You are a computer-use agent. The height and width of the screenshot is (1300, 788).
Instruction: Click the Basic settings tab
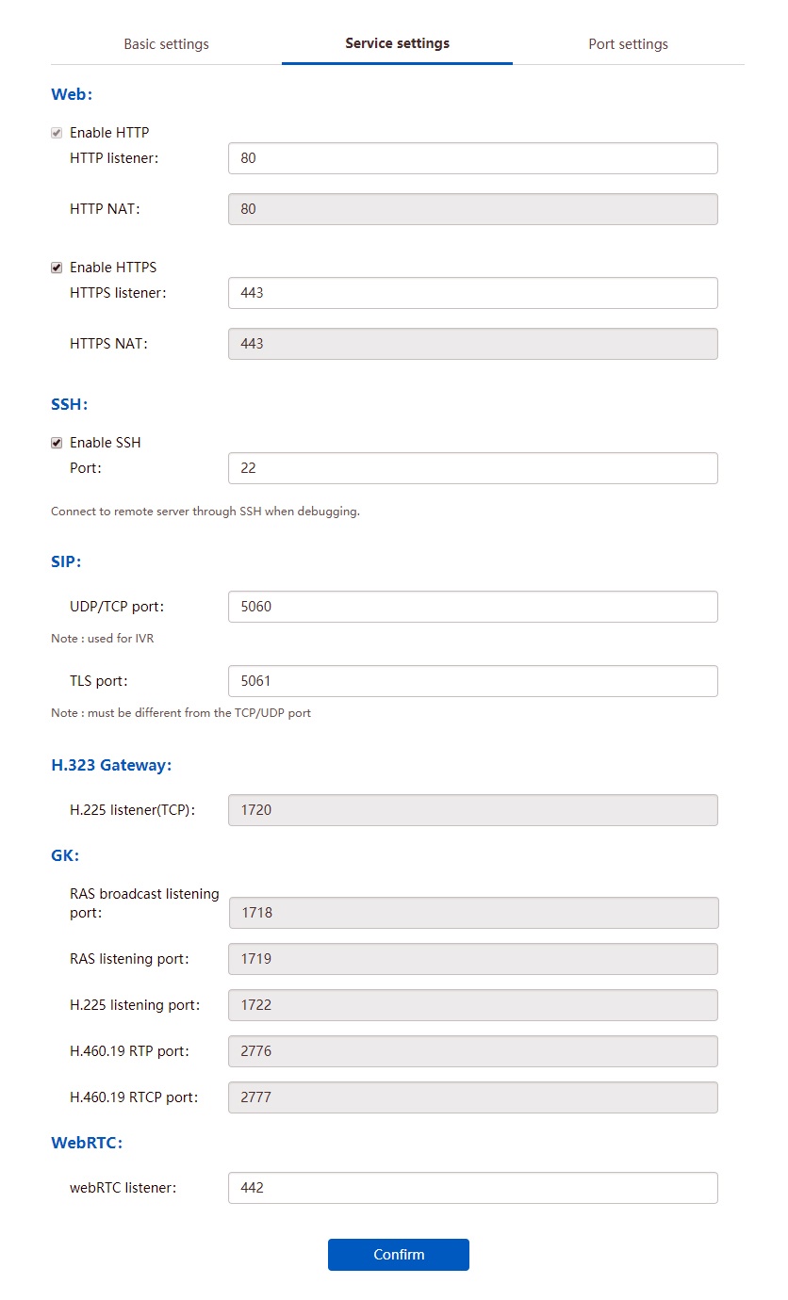pos(166,44)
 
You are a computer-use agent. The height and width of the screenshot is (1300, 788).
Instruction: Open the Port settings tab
pos(628,44)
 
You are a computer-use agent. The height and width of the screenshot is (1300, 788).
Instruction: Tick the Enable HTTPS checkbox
pos(57,268)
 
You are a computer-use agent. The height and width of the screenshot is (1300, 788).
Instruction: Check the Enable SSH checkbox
pos(57,443)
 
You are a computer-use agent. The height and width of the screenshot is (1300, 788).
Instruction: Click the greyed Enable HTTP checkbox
pos(57,133)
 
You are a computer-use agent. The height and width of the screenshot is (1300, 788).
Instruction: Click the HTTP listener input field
pos(472,158)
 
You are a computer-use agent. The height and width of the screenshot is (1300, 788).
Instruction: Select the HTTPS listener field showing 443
pos(472,293)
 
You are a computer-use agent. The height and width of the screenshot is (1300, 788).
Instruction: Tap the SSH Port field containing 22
pos(472,468)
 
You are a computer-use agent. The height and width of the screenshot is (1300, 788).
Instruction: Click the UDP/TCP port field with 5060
pos(472,607)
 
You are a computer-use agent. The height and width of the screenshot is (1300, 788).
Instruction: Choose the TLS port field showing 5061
pos(472,681)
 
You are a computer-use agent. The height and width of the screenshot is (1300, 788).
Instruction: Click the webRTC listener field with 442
pos(472,1188)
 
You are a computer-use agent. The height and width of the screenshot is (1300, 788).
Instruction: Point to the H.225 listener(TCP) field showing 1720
pos(472,810)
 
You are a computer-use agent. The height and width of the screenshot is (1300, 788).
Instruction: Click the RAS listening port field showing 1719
pos(472,959)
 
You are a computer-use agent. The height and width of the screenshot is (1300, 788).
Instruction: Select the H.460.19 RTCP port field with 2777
pos(472,1097)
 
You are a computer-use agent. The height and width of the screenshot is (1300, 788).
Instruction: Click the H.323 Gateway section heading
pos(111,765)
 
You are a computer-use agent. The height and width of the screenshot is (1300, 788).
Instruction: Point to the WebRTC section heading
pos(87,1143)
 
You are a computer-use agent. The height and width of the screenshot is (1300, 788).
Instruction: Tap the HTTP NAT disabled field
pos(472,209)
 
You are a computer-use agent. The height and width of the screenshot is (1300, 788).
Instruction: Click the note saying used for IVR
pos(102,639)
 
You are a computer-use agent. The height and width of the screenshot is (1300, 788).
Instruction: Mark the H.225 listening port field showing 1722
pos(472,1005)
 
